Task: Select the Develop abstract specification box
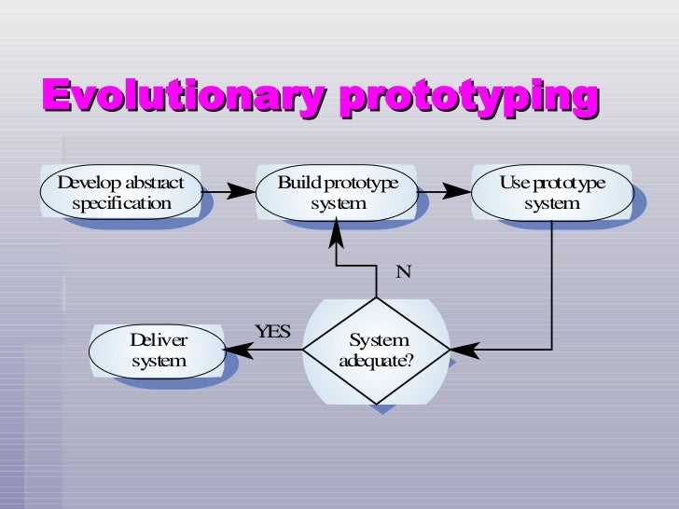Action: pyautogui.click(x=121, y=192)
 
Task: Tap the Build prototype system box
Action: pyautogui.click(x=338, y=192)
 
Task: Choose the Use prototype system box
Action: pyautogui.click(x=551, y=192)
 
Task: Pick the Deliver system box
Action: pyautogui.click(x=159, y=350)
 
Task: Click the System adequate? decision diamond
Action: pyautogui.click(x=377, y=351)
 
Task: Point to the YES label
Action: pyautogui.click(x=272, y=332)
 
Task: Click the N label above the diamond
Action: pyautogui.click(x=403, y=272)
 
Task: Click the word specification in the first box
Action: pyautogui.click(x=121, y=203)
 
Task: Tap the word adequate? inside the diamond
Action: pyautogui.click(x=377, y=361)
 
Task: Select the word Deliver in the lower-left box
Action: pyautogui.click(x=159, y=340)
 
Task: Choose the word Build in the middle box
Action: pyautogui.click(x=298, y=182)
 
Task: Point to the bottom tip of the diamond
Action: pyautogui.click(x=377, y=402)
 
